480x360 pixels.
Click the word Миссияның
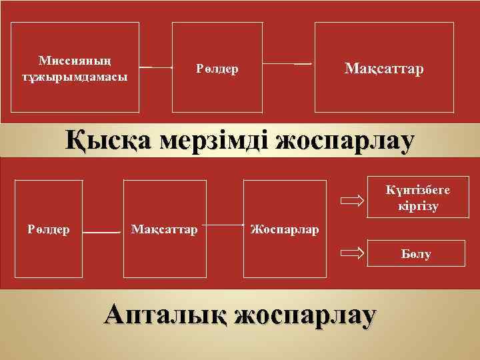tap(74, 60)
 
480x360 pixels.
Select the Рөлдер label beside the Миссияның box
tap(218, 69)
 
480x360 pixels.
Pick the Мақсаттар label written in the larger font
tap(383, 69)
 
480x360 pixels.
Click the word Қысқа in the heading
tap(107, 141)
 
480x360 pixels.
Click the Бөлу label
tap(416, 255)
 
